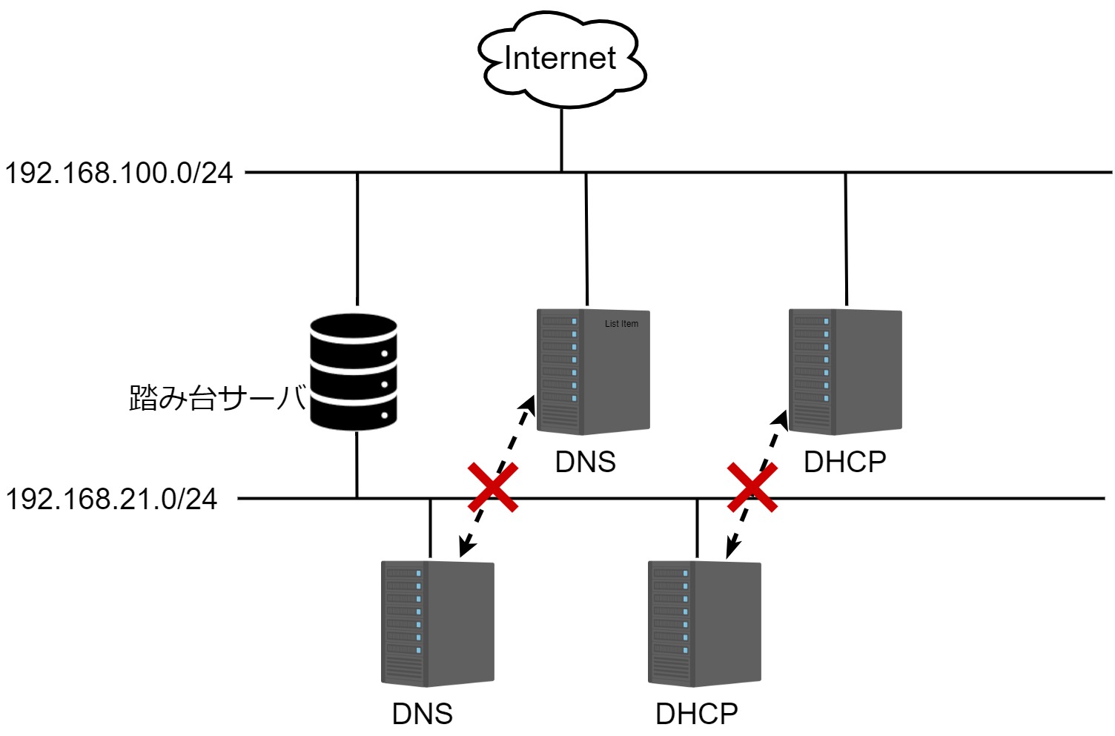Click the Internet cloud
tap(562, 59)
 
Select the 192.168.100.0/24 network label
tap(119, 173)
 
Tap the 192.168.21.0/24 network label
tap(111, 499)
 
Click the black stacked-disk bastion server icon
tap(354, 372)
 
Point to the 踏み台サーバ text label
tap(217, 398)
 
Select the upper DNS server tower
tap(593, 372)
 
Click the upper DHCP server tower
tap(845, 372)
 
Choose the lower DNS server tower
tap(437, 624)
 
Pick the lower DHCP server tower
tap(704, 624)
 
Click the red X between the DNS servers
tap(493, 488)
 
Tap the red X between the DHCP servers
tap(752, 488)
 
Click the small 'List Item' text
tap(621, 324)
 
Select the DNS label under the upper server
tap(586, 462)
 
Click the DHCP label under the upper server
tap(845, 462)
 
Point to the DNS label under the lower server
tap(423, 714)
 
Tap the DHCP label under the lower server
tap(697, 714)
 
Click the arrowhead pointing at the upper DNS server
tap(528, 404)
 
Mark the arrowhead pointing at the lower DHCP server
tap(732, 549)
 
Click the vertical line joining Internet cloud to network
tap(561, 139)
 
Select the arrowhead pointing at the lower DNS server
tap(466, 548)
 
